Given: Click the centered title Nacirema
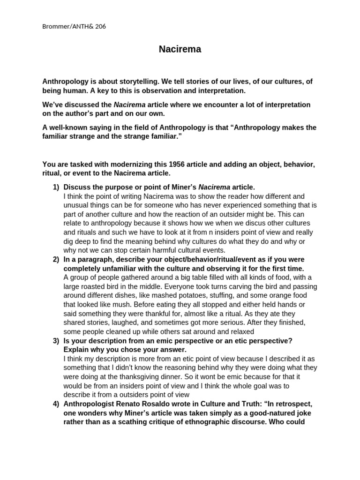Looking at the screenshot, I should coord(180,49).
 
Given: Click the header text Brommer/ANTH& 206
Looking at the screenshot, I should coord(74,26).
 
